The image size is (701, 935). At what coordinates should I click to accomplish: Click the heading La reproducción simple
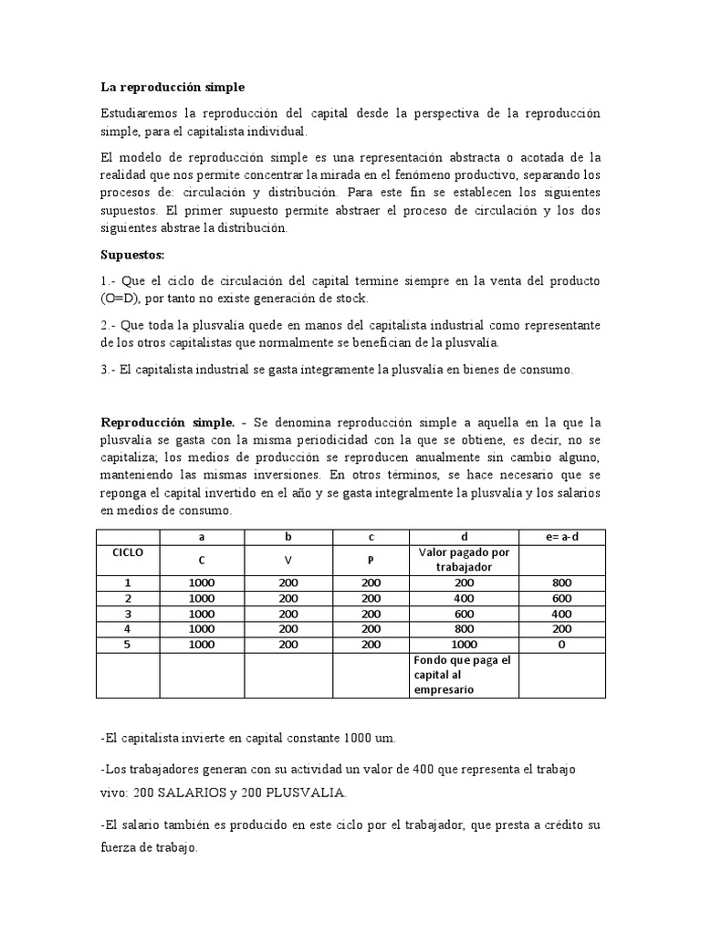[173, 88]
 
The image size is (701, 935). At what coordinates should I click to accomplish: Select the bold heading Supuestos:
[131, 254]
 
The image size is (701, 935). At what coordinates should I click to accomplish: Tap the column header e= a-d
[561, 536]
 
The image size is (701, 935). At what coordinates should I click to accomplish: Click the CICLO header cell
[128, 553]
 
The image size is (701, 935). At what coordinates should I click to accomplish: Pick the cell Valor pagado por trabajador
[465, 559]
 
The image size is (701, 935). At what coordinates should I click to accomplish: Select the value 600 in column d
[465, 613]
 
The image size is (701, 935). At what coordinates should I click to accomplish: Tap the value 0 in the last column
[561, 644]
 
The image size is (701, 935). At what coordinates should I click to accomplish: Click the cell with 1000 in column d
[465, 644]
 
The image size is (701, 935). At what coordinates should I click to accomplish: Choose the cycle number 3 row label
[128, 613]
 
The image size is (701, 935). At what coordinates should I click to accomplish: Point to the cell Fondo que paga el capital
[465, 675]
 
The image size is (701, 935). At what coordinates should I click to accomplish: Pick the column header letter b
[288, 536]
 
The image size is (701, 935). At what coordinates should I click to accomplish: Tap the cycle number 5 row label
[128, 644]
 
